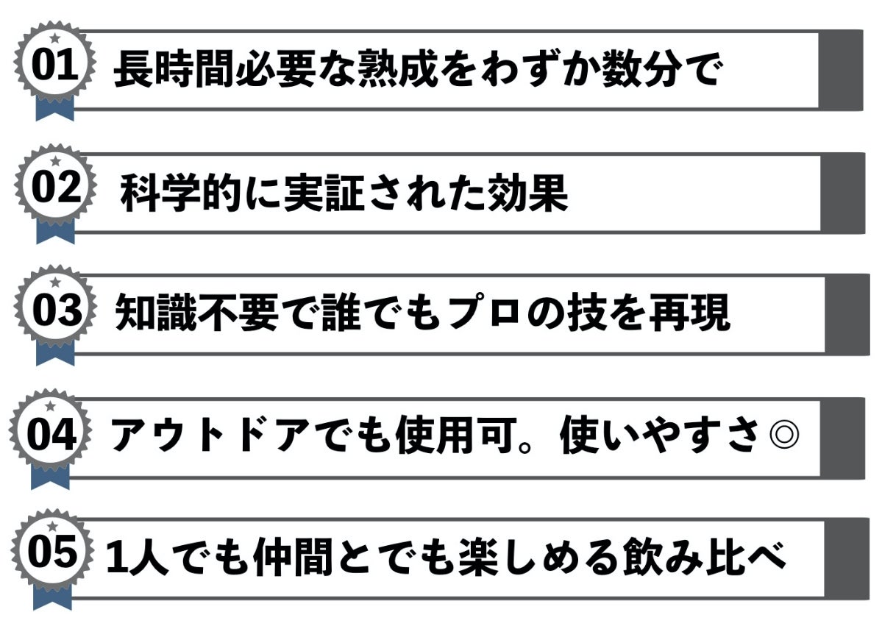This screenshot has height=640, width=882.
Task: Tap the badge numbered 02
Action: pyautogui.click(x=54, y=188)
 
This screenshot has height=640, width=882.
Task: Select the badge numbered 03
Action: pyautogui.click(x=54, y=310)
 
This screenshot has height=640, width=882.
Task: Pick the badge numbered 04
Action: pyautogui.click(x=51, y=434)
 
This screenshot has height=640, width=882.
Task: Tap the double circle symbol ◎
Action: pyautogui.click(x=783, y=437)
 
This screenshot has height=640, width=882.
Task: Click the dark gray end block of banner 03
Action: pyautogui.click(x=847, y=314)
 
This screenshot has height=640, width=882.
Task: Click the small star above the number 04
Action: pyautogui.click(x=51, y=406)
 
